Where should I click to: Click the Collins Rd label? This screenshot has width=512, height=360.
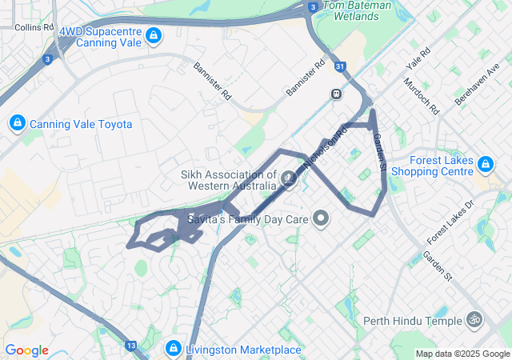34,26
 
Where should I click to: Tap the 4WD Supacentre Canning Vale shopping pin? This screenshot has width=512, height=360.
154,35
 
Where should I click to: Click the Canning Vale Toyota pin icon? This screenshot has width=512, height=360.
16,123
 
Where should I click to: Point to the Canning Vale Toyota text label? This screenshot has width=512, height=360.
81,124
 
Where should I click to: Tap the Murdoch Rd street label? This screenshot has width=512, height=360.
422,95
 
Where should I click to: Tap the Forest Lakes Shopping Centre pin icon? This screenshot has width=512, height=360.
484,165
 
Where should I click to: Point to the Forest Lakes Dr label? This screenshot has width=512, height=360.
451,222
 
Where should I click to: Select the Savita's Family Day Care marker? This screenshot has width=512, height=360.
321,218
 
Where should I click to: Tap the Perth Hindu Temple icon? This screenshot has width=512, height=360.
475,321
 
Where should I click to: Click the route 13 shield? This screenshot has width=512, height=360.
131,346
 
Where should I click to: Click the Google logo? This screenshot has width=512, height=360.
26,350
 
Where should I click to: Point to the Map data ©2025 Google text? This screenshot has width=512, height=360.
462,354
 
